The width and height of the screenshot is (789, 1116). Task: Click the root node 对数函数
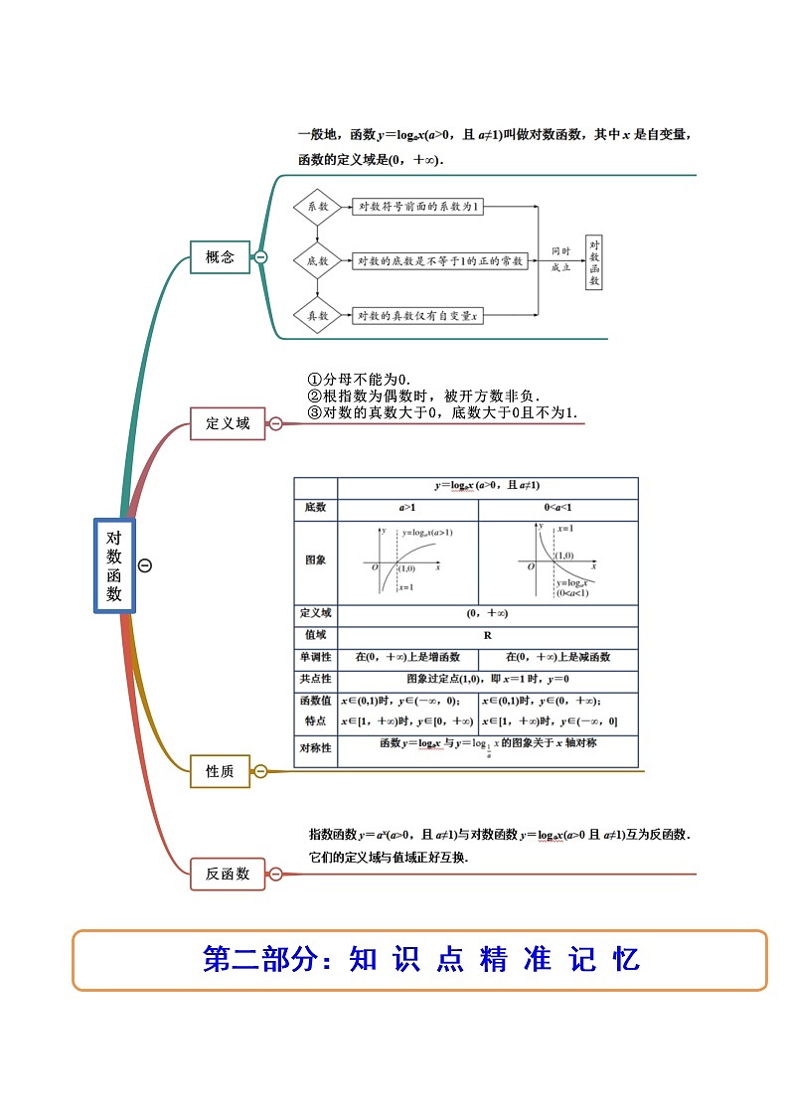pos(114,565)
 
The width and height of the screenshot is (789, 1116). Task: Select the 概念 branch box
pos(220,257)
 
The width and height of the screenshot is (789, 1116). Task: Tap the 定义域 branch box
pos(228,423)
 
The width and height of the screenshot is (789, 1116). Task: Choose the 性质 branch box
pos(220,771)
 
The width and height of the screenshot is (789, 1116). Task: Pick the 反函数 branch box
pos(228,875)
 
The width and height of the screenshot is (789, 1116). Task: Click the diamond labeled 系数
pos(317,207)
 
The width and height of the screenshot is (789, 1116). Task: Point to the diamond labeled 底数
pos(317,260)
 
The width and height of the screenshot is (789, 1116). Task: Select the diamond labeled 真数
pos(317,315)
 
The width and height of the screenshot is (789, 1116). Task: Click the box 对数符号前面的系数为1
pos(419,207)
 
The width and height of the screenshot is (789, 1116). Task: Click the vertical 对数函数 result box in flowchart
pos(594,261)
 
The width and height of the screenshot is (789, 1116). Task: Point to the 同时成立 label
pos(561,259)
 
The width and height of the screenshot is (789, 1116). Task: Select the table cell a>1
pos(407,508)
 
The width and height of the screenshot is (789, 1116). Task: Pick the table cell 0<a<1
pos(557,508)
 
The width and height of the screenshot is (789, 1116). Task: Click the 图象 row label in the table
pos(315,560)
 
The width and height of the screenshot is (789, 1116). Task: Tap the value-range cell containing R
pos(488,635)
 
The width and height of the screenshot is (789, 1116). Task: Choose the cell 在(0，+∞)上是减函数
pos(557,658)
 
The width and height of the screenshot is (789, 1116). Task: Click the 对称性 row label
pos(315,747)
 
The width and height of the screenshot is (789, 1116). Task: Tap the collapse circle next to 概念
pos(260,257)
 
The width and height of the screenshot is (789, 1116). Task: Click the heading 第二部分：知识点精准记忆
pos(420,960)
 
